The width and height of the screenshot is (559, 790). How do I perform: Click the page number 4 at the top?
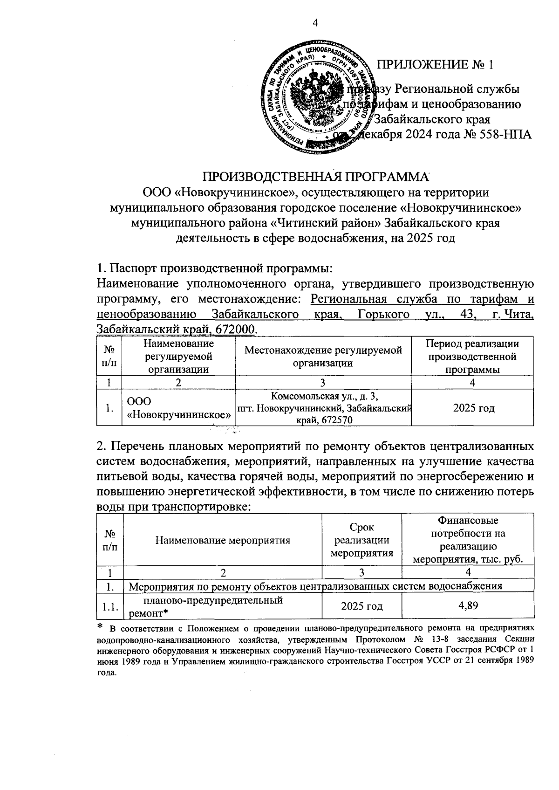click(315, 23)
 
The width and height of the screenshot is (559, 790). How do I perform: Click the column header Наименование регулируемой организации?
click(178, 357)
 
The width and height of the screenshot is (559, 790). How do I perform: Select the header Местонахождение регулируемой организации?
click(323, 357)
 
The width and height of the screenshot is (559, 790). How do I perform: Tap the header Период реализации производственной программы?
click(472, 357)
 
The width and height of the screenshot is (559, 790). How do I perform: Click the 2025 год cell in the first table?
click(472, 408)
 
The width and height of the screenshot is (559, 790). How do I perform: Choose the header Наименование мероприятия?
click(222, 540)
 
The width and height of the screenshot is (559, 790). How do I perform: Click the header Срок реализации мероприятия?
click(361, 540)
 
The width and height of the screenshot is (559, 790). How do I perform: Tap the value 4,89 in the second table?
click(468, 606)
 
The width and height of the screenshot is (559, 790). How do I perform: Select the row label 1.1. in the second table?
click(109, 606)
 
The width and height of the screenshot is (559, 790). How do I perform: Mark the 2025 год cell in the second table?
click(361, 606)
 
